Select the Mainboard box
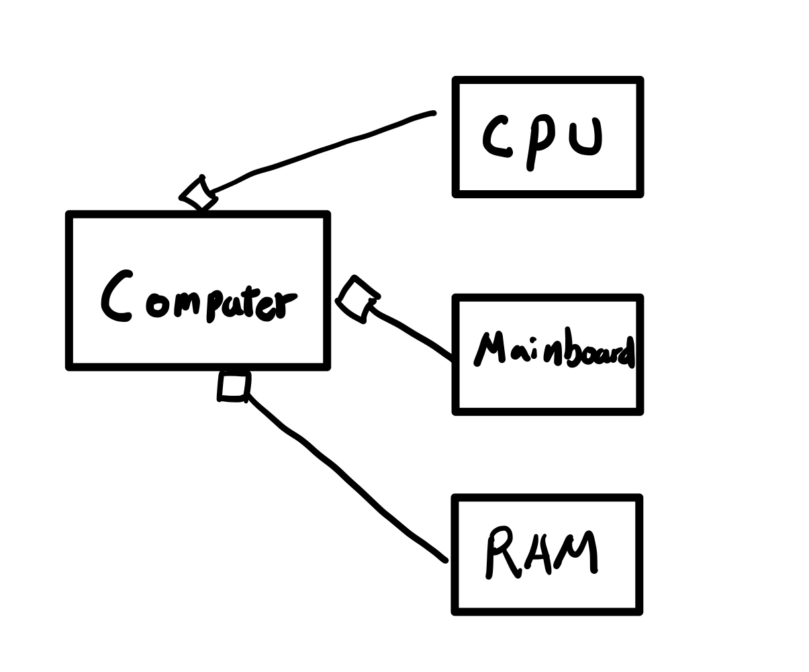(x=548, y=390)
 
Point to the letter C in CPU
(x=495, y=138)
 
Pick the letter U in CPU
(x=585, y=138)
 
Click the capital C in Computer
(x=115, y=297)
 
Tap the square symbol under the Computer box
(x=234, y=387)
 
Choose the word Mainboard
(x=555, y=349)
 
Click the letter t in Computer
(x=249, y=301)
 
